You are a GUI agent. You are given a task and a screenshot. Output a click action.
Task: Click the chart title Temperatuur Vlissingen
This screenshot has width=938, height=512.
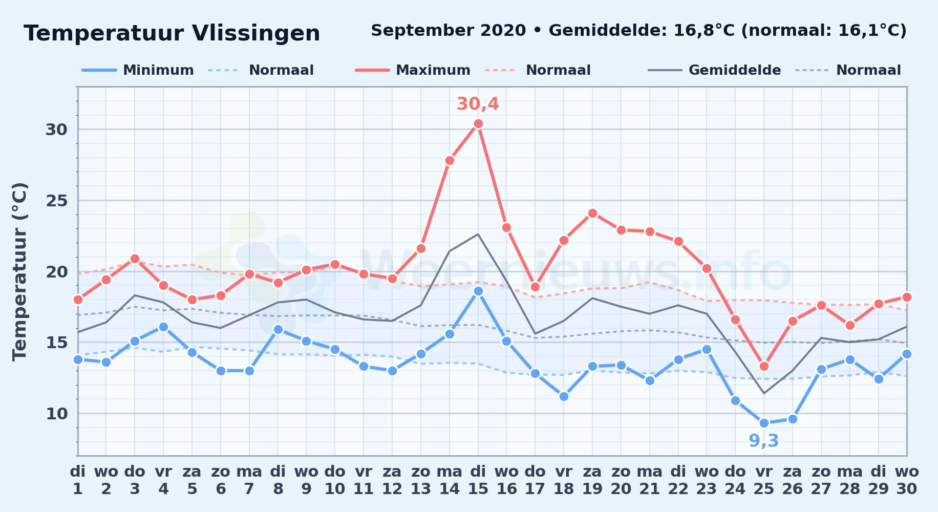(x=172, y=33)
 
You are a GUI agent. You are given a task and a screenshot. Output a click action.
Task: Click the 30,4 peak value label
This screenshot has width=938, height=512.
(x=478, y=104)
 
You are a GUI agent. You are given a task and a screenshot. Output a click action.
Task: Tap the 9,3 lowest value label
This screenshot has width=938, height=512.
(x=764, y=441)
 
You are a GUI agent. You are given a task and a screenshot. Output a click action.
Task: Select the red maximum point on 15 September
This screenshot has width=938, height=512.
(x=478, y=123)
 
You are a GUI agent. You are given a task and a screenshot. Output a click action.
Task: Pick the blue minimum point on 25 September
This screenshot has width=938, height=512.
(x=764, y=423)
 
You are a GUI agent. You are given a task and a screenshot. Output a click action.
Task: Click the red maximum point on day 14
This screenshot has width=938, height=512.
(x=450, y=160)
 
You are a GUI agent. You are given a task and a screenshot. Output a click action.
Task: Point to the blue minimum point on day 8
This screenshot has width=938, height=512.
(x=278, y=329)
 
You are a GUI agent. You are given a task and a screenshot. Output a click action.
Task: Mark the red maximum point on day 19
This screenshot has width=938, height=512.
(x=592, y=213)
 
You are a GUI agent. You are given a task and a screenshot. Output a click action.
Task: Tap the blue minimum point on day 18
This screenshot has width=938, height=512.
(x=564, y=396)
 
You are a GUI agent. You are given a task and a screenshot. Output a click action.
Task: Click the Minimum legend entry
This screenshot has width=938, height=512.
(x=138, y=70)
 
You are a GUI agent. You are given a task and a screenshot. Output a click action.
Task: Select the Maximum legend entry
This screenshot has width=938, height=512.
(x=413, y=70)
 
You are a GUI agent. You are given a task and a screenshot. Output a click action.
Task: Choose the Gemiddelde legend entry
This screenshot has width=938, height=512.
(x=714, y=70)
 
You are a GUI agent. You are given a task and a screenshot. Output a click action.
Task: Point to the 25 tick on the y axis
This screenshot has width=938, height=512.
(x=57, y=201)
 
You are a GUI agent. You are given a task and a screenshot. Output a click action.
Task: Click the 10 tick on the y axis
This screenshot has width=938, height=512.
(x=57, y=414)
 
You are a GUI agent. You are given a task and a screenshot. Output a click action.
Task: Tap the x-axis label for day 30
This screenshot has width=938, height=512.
(x=906, y=480)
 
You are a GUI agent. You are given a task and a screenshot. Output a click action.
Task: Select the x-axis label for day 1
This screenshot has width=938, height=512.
(x=78, y=480)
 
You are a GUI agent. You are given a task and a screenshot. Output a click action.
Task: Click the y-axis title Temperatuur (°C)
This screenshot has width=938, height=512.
(x=19, y=271)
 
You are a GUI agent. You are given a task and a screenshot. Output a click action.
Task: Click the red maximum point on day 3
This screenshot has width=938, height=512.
(x=135, y=259)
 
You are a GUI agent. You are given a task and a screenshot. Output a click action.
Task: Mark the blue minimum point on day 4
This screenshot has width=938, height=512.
(x=163, y=327)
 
